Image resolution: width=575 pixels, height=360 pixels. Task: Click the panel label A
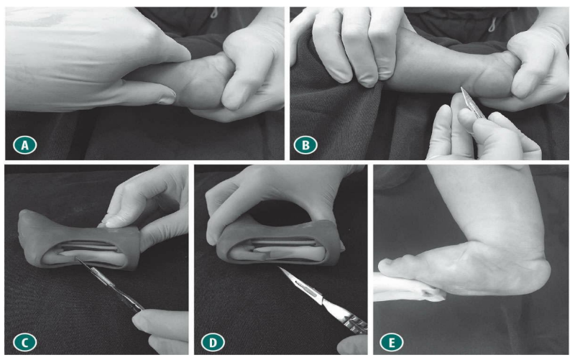click(x=24, y=145)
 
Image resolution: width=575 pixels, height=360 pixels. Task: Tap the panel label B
click(x=305, y=145)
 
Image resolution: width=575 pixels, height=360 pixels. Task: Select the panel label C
click(x=24, y=343)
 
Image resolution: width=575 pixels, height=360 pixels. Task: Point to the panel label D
click(x=213, y=343)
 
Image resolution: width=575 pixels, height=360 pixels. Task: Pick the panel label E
click(x=392, y=343)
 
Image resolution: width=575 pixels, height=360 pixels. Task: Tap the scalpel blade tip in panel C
click(x=76, y=259)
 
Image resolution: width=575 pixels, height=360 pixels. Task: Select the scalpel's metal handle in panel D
click(x=345, y=316)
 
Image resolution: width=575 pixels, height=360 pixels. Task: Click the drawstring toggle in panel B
click(x=492, y=23)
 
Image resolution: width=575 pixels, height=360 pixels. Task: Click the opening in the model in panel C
click(x=85, y=252)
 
